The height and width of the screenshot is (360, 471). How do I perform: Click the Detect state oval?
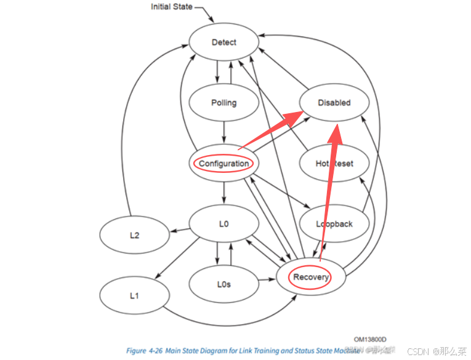coord(223,42)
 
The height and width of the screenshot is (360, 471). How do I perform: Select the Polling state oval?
coord(223,103)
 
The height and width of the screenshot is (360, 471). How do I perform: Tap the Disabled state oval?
coord(334,103)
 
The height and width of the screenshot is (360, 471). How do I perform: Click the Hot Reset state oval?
coord(334,164)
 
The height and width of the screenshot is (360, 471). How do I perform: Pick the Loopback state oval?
coord(334,224)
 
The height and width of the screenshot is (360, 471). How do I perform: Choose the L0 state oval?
coord(223,224)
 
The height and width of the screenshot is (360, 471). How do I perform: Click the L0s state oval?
coord(223,284)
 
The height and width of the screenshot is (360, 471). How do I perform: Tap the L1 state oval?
coord(134,295)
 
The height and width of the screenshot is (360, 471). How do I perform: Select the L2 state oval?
coord(134,236)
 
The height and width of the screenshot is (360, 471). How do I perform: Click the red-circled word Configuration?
coord(223,164)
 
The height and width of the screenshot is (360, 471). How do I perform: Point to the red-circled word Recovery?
coord(311,278)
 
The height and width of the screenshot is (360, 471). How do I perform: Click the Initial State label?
coord(172,7)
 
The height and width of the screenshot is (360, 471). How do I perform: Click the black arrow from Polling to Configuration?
coord(223,130)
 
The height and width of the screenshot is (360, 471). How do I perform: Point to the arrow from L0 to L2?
coord(180,230)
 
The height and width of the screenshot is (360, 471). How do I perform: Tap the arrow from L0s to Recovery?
coord(265,281)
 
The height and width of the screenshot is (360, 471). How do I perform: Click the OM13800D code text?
coord(374,339)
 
